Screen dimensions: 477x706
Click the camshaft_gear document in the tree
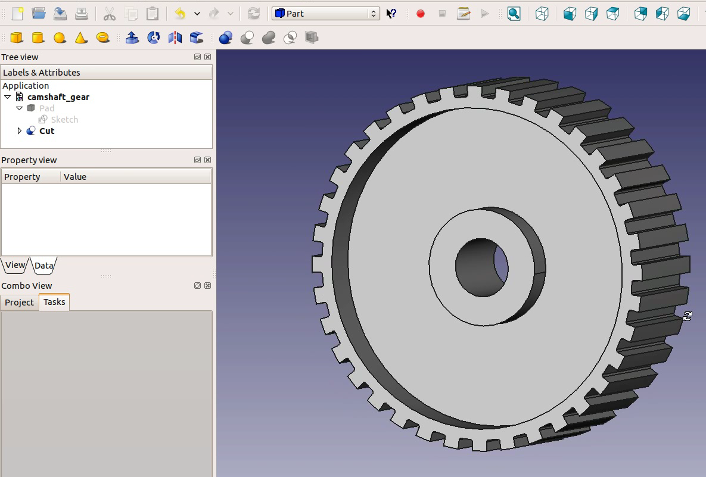(58, 97)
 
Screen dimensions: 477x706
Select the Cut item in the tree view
(46, 131)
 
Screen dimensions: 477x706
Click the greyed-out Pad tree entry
(46, 108)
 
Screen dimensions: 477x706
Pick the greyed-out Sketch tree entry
(64, 120)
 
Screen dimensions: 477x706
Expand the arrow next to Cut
(19, 131)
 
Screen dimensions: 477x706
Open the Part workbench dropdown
(325, 13)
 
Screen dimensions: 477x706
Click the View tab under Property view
(15, 265)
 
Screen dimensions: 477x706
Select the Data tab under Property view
(43, 266)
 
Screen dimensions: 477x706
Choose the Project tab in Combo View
(19, 303)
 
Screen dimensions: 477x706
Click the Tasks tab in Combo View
(54, 302)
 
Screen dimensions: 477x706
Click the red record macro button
(421, 13)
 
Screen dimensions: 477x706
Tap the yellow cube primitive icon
(17, 38)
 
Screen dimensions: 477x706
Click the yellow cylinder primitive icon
(38, 38)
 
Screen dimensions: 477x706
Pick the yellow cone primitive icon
(81, 38)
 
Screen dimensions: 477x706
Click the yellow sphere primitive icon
(60, 38)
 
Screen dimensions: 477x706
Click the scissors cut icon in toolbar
(109, 13)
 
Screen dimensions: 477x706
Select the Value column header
(75, 177)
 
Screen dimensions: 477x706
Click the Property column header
(22, 177)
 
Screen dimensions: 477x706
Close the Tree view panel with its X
(207, 57)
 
